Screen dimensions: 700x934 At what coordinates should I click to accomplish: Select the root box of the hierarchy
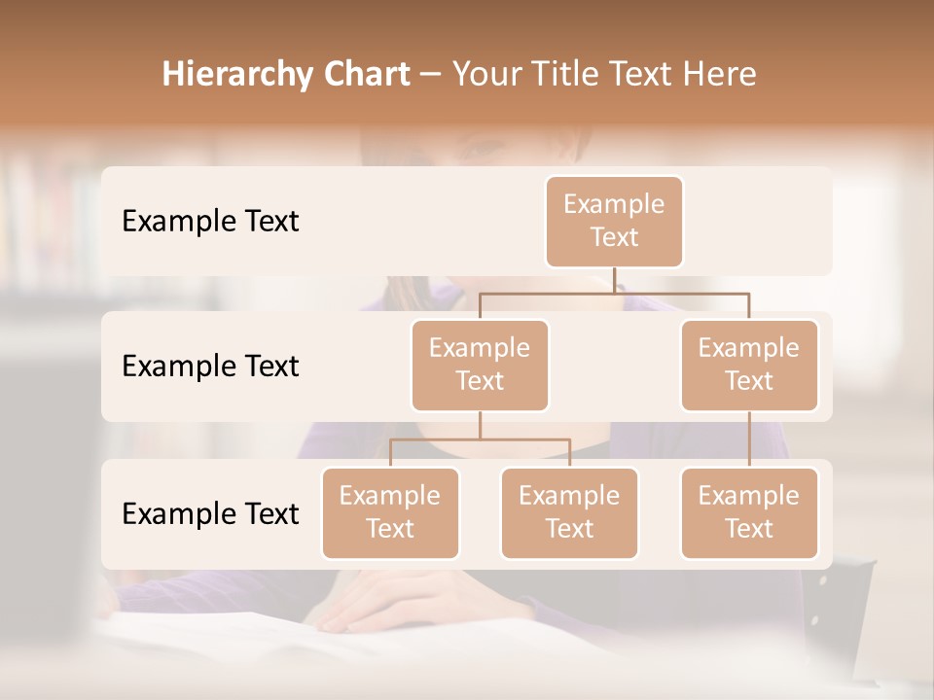(x=614, y=222)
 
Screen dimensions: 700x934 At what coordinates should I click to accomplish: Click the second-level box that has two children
(x=480, y=366)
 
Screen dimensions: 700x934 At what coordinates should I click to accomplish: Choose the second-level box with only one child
(x=749, y=366)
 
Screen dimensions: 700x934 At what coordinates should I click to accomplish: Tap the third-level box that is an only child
(x=749, y=513)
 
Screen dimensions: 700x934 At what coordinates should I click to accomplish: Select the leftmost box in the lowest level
(x=390, y=513)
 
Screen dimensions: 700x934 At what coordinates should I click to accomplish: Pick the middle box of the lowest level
(x=569, y=513)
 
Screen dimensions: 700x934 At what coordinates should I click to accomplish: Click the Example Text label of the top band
(x=210, y=222)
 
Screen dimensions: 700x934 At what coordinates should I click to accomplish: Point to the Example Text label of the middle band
(x=210, y=367)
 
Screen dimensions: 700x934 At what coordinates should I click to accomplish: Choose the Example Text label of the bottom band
(x=210, y=513)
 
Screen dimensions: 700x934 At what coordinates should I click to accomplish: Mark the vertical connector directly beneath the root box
(x=614, y=280)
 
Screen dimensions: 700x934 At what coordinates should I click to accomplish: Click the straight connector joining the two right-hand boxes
(x=749, y=439)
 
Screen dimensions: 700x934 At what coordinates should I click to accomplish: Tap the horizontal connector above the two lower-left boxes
(x=480, y=439)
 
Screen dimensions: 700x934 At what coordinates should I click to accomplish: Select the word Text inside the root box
(x=614, y=237)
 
